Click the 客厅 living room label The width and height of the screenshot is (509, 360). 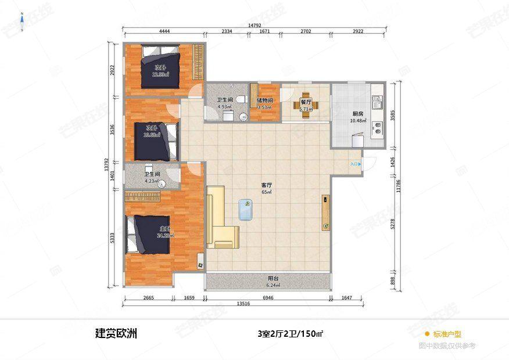(267, 185)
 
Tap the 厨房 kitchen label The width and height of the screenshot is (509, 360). (357, 114)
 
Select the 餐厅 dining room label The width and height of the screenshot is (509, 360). (306, 102)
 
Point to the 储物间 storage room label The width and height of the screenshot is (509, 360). (265, 100)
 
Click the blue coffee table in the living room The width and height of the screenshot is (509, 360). (246, 210)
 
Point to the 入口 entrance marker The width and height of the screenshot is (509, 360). (355, 164)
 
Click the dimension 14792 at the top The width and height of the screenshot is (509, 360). (254, 26)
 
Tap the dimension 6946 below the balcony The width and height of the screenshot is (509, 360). (268, 297)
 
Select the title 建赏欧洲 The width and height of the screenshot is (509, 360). (116, 334)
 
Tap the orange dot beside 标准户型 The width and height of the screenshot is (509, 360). (427, 334)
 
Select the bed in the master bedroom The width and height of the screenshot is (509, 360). (149, 233)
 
